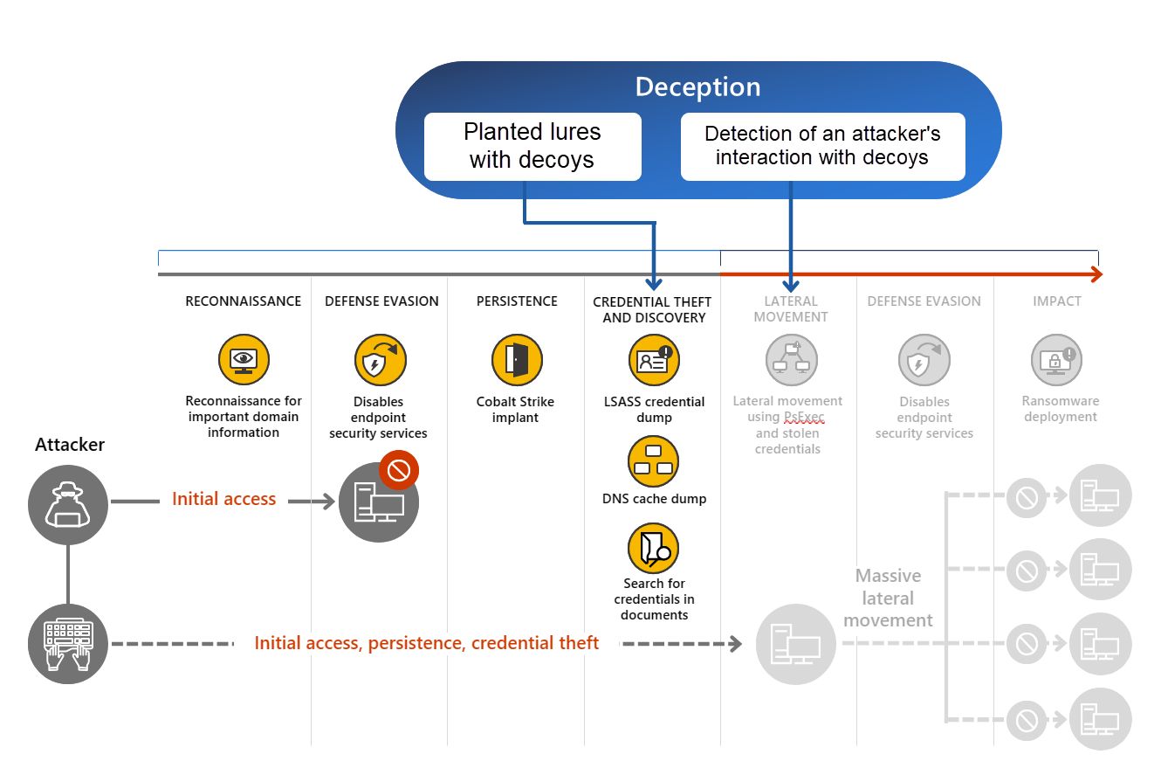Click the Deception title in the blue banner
click(x=697, y=87)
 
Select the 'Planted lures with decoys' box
click(x=532, y=146)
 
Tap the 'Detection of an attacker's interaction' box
click(x=822, y=146)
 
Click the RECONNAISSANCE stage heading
click(x=244, y=301)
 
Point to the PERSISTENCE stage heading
click(x=517, y=301)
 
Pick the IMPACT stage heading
click(x=1057, y=301)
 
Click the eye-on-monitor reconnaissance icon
click(x=244, y=360)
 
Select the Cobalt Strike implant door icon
click(x=517, y=360)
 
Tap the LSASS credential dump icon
click(x=654, y=360)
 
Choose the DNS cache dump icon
click(x=654, y=461)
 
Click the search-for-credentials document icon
click(x=654, y=548)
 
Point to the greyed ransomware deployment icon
click(x=1057, y=360)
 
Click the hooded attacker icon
click(x=68, y=503)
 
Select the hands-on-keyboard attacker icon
click(x=68, y=644)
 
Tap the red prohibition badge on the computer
click(x=399, y=471)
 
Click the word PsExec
click(x=803, y=418)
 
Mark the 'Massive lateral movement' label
click(x=889, y=598)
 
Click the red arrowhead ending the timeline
click(x=1096, y=275)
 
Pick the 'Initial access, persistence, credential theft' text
click(x=427, y=644)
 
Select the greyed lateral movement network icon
click(x=791, y=360)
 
